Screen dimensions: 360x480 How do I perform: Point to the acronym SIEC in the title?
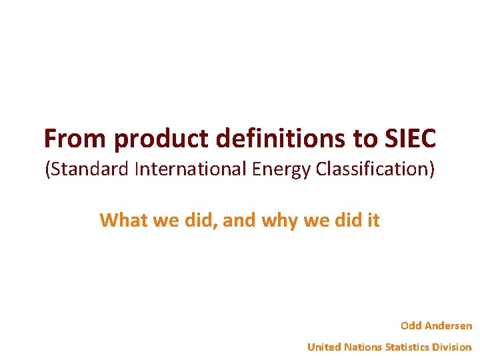coord(410,139)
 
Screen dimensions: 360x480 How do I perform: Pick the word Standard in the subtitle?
coord(89,169)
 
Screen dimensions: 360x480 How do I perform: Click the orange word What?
coord(124,220)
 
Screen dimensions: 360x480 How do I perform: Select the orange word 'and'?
coord(239,220)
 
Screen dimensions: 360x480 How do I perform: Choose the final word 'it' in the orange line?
coord(372,220)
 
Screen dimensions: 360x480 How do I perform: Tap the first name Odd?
coord(411,326)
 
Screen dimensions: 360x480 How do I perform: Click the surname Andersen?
coord(449,326)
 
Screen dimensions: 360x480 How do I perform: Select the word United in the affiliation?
coord(324,347)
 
